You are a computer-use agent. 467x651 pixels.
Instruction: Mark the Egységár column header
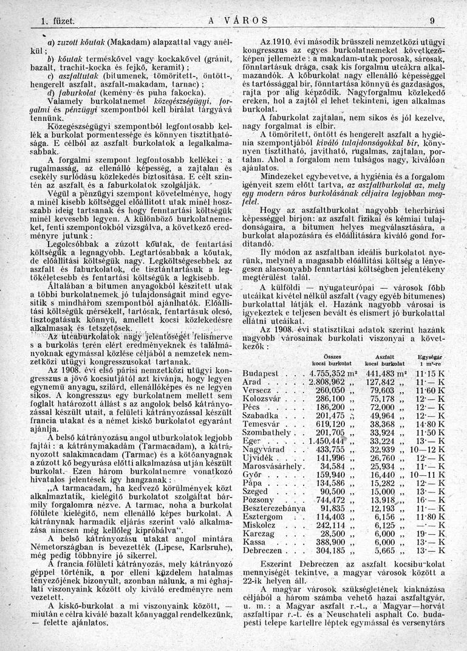click(429, 356)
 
